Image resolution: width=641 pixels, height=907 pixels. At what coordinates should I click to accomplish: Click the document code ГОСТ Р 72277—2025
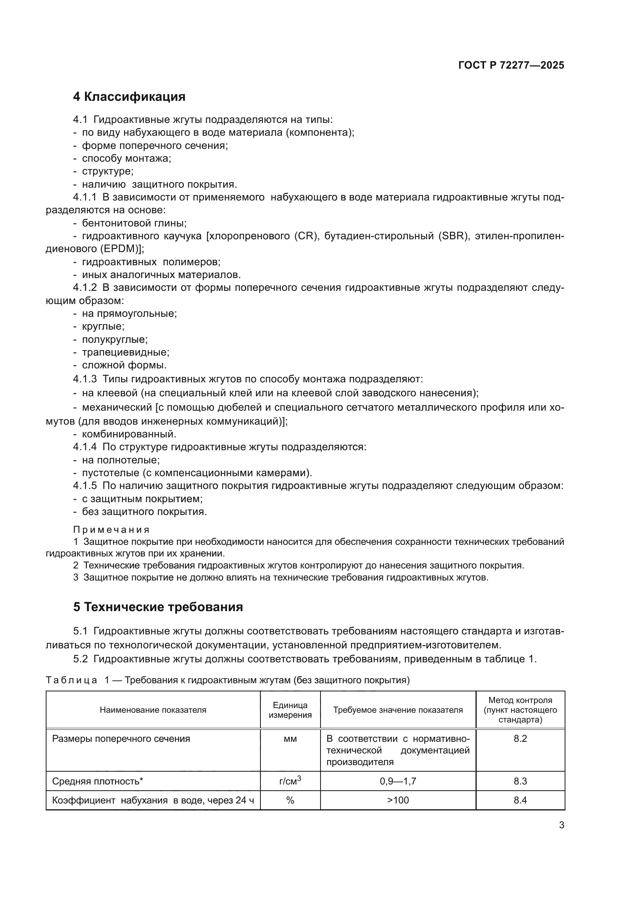(x=511, y=65)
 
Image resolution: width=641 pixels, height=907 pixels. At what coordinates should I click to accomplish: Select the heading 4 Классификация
(x=129, y=97)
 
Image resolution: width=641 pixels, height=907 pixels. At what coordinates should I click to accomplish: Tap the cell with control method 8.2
(x=520, y=738)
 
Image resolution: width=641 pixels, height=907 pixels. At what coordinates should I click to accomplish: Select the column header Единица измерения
(x=290, y=710)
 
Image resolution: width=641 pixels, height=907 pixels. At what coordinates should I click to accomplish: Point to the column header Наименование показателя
(x=153, y=710)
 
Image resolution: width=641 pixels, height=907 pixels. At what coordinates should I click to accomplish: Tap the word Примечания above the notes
(x=111, y=529)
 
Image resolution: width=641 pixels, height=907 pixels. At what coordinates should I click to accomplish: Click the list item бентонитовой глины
(x=134, y=223)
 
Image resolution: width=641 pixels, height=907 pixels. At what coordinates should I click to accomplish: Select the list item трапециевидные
(x=126, y=352)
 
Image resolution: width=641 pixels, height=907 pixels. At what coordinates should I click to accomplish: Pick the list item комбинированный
(x=129, y=434)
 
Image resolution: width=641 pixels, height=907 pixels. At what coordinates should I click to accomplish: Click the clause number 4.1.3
(x=84, y=379)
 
